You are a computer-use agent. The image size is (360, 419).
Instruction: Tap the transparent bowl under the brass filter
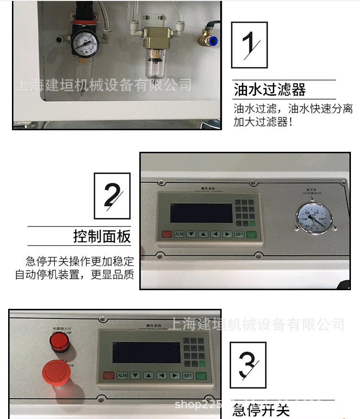point(154,65)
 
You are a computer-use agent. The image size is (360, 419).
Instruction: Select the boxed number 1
point(249,45)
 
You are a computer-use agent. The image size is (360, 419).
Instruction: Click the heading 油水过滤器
point(270,90)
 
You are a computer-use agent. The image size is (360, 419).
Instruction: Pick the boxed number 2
point(112,195)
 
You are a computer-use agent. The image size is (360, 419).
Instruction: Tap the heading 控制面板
point(102,236)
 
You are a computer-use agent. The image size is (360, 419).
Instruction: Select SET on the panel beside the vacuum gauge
point(239,234)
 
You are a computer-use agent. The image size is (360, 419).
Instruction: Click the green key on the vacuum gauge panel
point(251,234)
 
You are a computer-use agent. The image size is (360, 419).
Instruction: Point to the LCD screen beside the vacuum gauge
point(201,213)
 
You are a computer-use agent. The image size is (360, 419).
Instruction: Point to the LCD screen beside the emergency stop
point(146,352)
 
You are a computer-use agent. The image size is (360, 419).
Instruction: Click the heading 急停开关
point(261,410)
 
